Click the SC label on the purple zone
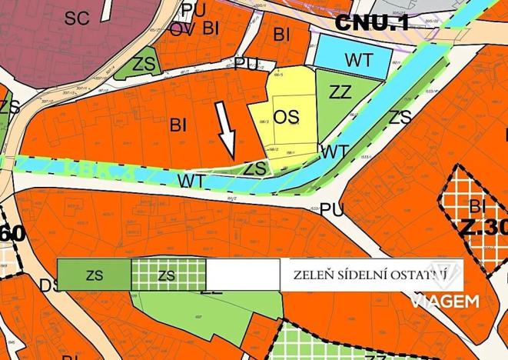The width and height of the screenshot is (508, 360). [77, 18]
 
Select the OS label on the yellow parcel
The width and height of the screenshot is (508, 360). [286, 117]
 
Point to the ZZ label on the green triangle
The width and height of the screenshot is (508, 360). [340, 92]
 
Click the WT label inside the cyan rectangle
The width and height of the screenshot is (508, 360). [359, 59]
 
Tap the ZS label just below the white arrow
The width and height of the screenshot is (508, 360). [255, 167]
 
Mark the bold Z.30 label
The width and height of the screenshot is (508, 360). [484, 228]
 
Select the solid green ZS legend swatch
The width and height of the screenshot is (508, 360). [94, 275]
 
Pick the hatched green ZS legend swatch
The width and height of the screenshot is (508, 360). [168, 275]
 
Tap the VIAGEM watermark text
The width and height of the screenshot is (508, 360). [445, 300]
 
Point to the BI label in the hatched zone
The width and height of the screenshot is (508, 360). [477, 205]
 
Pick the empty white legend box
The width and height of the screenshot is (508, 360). [243, 275]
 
